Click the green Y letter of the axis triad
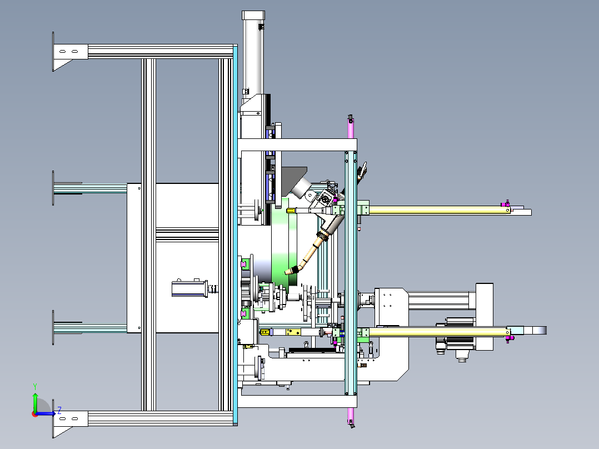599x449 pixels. [x=34, y=385]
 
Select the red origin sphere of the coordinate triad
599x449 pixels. [x=34, y=413]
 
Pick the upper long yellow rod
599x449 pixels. [x=433, y=209]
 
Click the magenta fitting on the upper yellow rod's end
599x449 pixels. [x=506, y=204]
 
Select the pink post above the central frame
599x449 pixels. [x=351, y=128]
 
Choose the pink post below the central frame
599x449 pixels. [x=351, y=416]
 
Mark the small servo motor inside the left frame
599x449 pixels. [x=189, y=288]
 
